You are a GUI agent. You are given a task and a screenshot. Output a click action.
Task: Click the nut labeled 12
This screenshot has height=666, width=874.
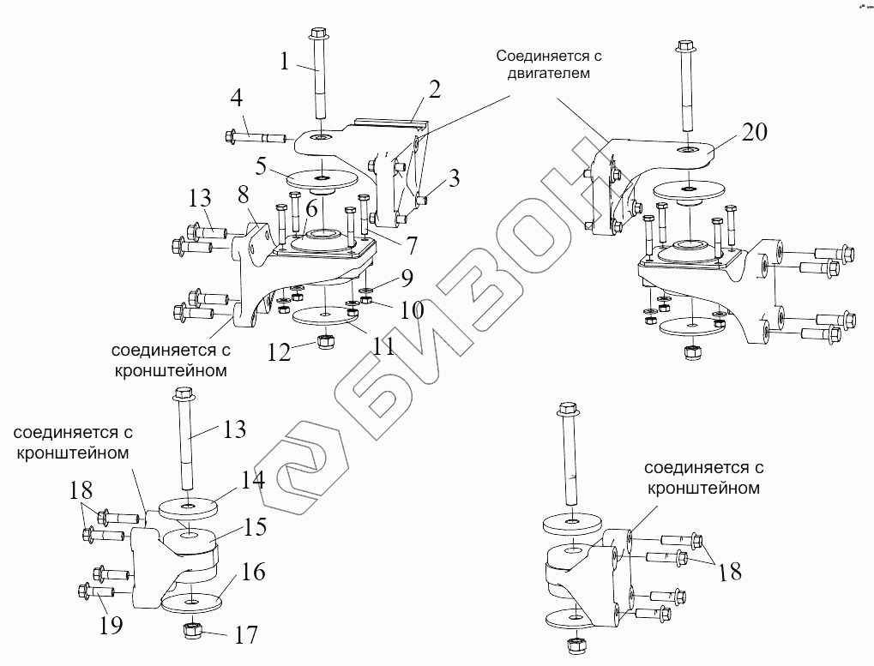coord(325,342)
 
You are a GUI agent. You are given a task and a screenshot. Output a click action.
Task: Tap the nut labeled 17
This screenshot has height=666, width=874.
coord(192,633)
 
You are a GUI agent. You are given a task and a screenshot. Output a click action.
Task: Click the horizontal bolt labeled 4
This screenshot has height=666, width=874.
coord(257,135)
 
